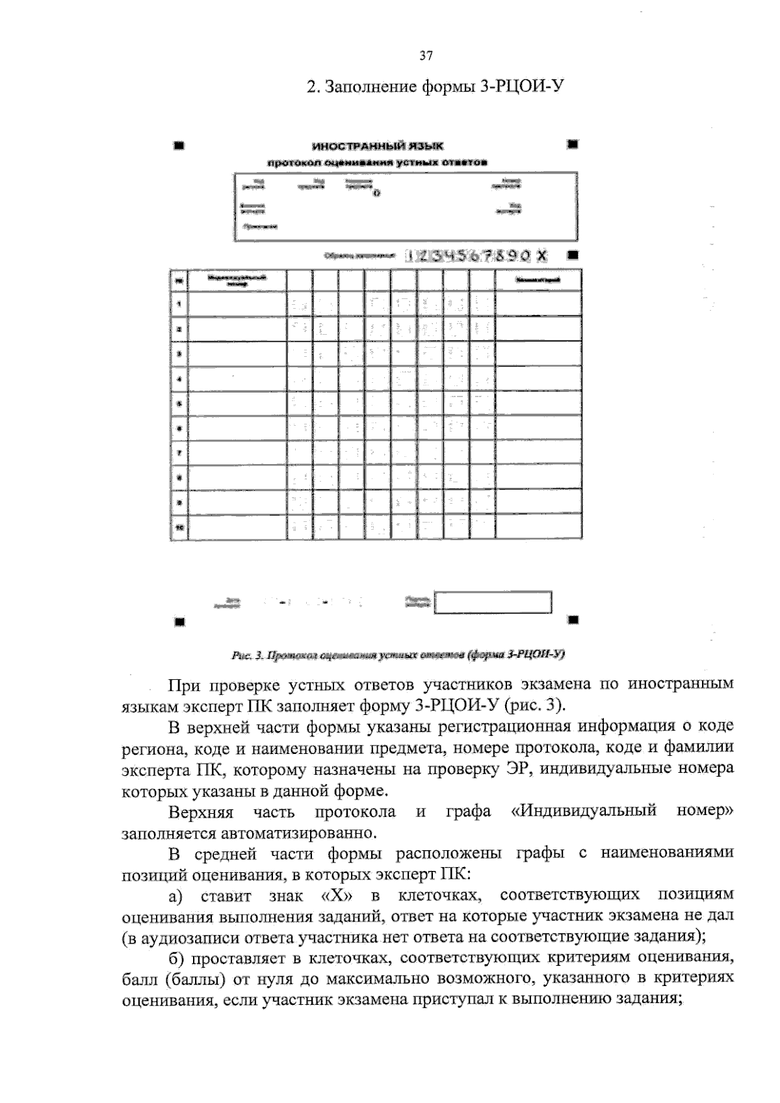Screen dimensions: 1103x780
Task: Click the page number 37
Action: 426,56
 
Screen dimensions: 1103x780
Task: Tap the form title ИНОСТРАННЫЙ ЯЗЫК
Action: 378,147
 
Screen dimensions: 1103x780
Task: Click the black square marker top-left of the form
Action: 177,145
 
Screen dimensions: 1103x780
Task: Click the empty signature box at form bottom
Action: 493,602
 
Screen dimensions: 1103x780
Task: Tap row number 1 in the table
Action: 179,304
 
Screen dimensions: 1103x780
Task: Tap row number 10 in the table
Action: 179,528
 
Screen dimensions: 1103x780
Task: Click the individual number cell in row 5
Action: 237,404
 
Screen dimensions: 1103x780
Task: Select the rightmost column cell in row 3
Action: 538,354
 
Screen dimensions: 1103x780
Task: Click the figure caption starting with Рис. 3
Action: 398,655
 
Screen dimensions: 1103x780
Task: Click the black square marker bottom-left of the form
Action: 177,620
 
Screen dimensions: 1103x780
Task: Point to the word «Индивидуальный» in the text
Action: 584,811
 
